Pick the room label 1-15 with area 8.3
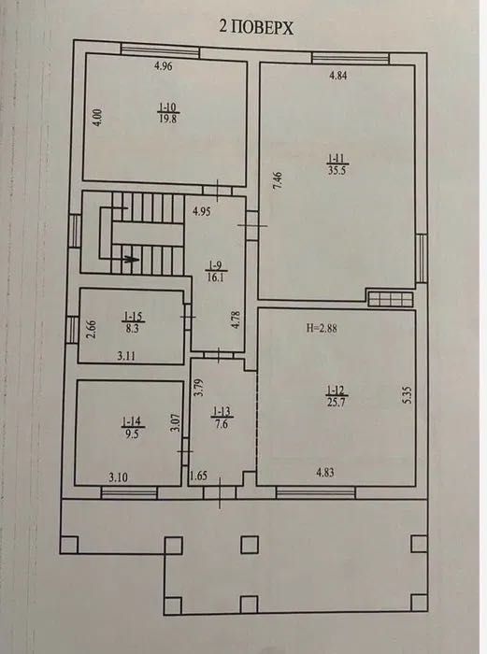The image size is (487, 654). tap(130, 324)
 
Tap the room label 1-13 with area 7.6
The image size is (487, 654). tap(221, 416)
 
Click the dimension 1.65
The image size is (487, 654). tap(198, 477)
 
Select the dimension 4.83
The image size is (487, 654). tap(324, 474)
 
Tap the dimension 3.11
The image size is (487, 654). tap(128, 356)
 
